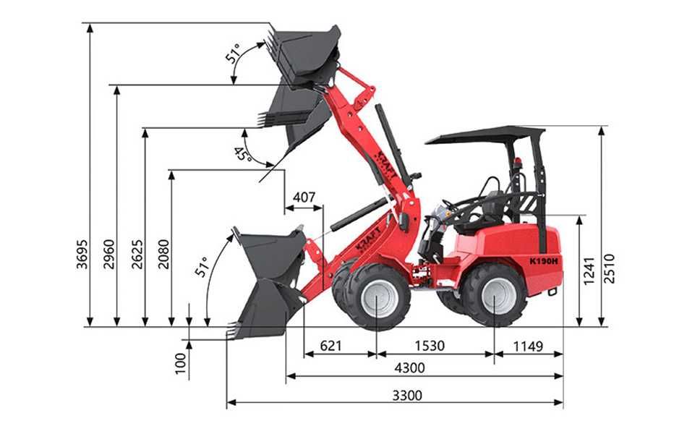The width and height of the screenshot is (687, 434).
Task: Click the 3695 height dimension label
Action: (82, 254)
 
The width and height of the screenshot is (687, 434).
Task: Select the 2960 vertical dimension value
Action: (109, 254)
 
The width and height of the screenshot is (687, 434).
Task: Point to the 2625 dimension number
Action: (137, 254)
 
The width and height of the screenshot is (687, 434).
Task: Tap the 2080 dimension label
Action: (164, 254)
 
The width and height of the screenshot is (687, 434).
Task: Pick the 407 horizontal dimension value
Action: (304, 197)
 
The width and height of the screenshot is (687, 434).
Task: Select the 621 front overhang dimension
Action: (330, 346)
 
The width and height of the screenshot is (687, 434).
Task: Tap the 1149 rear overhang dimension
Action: (528, 346)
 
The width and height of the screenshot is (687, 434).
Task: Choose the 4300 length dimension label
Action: (409, 367)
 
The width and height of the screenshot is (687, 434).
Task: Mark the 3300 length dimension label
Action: (406, 395)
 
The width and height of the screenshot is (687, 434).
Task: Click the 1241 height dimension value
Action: (589, 270)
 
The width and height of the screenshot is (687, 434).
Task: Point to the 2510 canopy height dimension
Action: (610, 268)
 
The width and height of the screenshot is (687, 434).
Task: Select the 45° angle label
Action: (242, 154)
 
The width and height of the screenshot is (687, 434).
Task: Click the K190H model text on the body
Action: (544, 260)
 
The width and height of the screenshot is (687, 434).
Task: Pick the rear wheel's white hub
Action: (499, 295)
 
